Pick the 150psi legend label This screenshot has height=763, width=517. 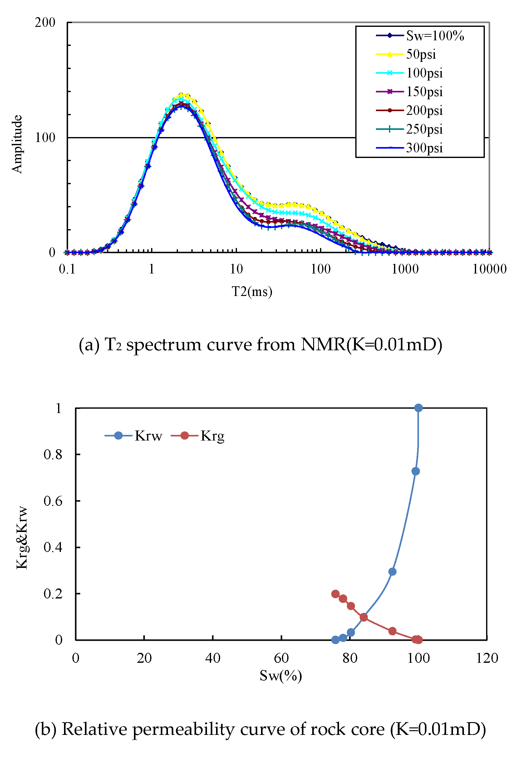point(424,91)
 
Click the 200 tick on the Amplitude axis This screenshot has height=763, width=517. point(45,22)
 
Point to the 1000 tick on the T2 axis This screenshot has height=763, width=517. point(405,269)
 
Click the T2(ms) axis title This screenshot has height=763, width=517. point(252,291)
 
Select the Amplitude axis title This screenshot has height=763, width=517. point(17,144)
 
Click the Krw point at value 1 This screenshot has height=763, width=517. point(418,408)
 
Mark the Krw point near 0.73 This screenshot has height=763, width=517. point(415,471)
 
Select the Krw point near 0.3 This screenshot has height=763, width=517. point(392,572)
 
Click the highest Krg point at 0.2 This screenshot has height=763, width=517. point(335,593)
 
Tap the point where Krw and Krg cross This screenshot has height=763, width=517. point(363,617)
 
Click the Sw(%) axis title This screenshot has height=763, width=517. point(280,676)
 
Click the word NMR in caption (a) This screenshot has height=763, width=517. point(323,345)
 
